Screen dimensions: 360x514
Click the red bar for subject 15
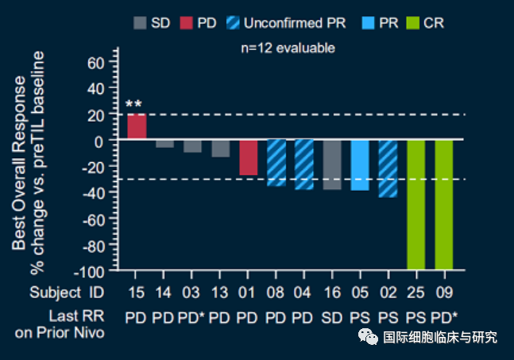pos(137,127)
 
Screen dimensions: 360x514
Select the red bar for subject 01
pos(249,157)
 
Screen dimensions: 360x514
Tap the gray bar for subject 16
pos(332,165)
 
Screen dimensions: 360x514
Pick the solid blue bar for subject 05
pos(360,165)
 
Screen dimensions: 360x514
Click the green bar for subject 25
pos(416,205)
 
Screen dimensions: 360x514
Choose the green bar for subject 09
pos(444,205)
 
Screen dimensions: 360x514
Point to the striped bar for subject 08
pos(276,163)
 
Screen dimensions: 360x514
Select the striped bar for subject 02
pos(388,168)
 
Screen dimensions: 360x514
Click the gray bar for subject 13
pos(220,149)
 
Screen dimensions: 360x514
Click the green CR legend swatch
pos(412,23)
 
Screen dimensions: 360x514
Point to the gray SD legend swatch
pos(140,23)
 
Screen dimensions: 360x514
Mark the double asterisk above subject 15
pos(133,105)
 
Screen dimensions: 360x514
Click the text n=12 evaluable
pos(288,48)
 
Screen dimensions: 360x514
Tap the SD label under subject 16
pos(332,317)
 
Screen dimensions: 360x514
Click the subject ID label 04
pos(304,292)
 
